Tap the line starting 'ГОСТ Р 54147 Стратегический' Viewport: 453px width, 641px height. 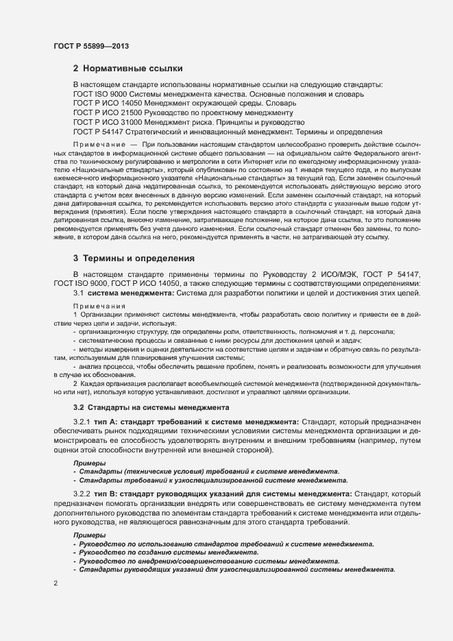[x=227, y=131]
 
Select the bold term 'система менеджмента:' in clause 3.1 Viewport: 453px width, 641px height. [x=131, y=293]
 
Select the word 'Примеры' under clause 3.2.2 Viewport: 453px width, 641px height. [x=89, y=535]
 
